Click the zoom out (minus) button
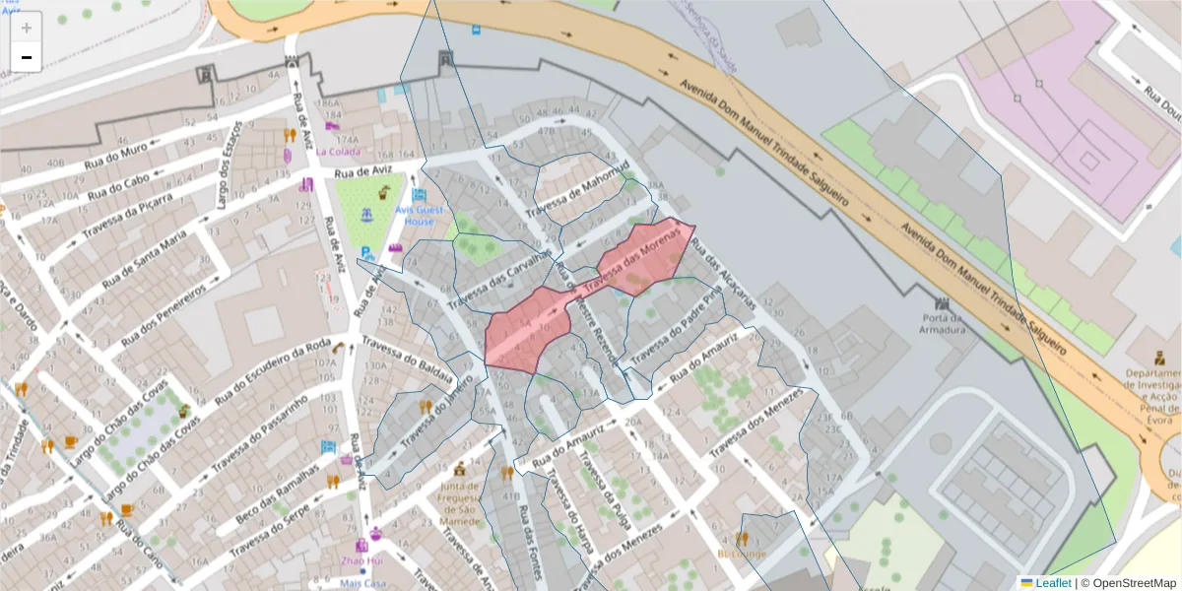pos(27,57)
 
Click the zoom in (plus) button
pos(27,28)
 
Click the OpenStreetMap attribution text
pos(1134,583)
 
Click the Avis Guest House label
pos(420,216)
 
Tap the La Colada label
pos(338,152)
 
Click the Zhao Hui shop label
pos(361,560)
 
